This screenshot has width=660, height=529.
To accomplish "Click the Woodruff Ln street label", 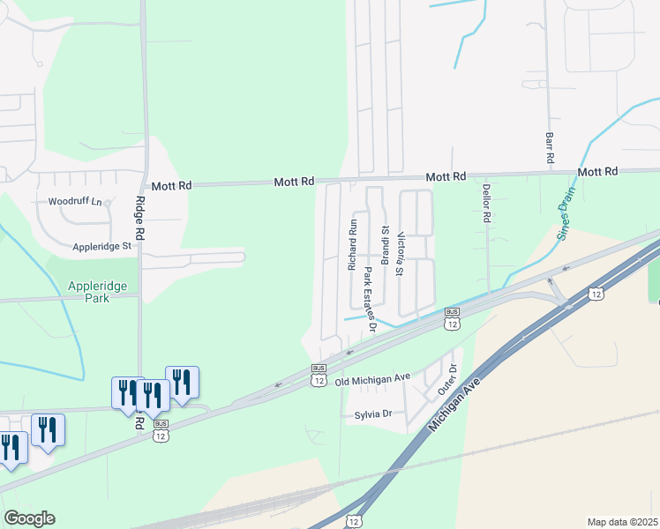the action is (x=76, y=201).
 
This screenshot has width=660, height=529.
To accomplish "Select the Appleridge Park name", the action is (x=98, y=292).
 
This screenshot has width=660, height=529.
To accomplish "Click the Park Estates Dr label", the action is (x=371, y=301).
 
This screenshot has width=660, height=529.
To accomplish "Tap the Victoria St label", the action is (x=401, y=254).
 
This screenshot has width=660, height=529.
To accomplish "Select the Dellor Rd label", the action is (x=485, y=203).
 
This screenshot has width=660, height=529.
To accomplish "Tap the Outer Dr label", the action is (x=452, y=380).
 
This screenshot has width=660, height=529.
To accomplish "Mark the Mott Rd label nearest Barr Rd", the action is (x=596, y=171).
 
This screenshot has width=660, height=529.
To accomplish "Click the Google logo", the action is (x=29, y=518).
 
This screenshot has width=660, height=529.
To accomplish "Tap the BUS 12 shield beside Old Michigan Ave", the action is (x=319, y=375).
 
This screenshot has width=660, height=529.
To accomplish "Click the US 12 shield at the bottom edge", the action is (x=354, y=522).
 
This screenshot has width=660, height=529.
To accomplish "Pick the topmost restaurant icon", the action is (x=181, y=382).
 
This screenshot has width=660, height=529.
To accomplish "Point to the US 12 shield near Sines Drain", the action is (x=597, y=294).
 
